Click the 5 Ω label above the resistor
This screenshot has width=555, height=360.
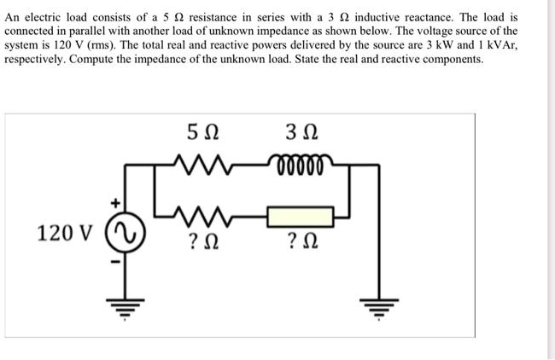coord(202,135)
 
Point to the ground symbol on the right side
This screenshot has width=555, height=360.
coord(377,307)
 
